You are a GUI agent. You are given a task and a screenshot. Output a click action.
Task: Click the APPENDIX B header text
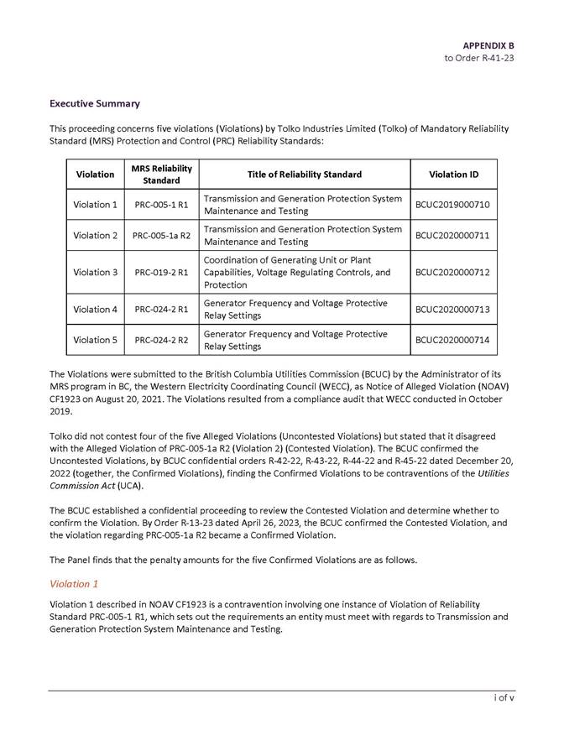point(488,44)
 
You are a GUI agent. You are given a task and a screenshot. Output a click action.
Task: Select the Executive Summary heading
point(94,104)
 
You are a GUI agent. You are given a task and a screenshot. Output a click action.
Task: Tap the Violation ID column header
point(453,175)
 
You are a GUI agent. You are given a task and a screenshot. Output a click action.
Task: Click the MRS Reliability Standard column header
point(161,175)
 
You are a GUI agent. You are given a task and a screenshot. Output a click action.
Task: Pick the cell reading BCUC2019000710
point(453,205)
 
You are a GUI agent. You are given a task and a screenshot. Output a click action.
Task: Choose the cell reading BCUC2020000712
point(453,272)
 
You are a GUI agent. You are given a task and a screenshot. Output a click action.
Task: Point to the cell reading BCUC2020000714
point(453,340)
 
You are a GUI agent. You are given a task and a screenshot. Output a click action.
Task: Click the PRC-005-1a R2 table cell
point(161,235)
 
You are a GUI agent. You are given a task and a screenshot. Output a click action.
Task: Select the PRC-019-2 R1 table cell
point(161,272)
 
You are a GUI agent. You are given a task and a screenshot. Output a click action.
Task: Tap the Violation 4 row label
point(95,309)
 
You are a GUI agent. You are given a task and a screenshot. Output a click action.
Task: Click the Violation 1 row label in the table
point(95,205)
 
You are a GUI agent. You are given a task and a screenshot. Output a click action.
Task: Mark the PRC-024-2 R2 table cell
point(161,340)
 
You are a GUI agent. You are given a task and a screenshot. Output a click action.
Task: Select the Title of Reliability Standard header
point(305,175)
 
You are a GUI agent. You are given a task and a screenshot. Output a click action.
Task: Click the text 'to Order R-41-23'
point(479,58)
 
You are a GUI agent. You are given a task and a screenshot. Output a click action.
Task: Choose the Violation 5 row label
point(95,340)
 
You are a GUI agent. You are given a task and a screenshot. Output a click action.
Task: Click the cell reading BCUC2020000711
point(453,235)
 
